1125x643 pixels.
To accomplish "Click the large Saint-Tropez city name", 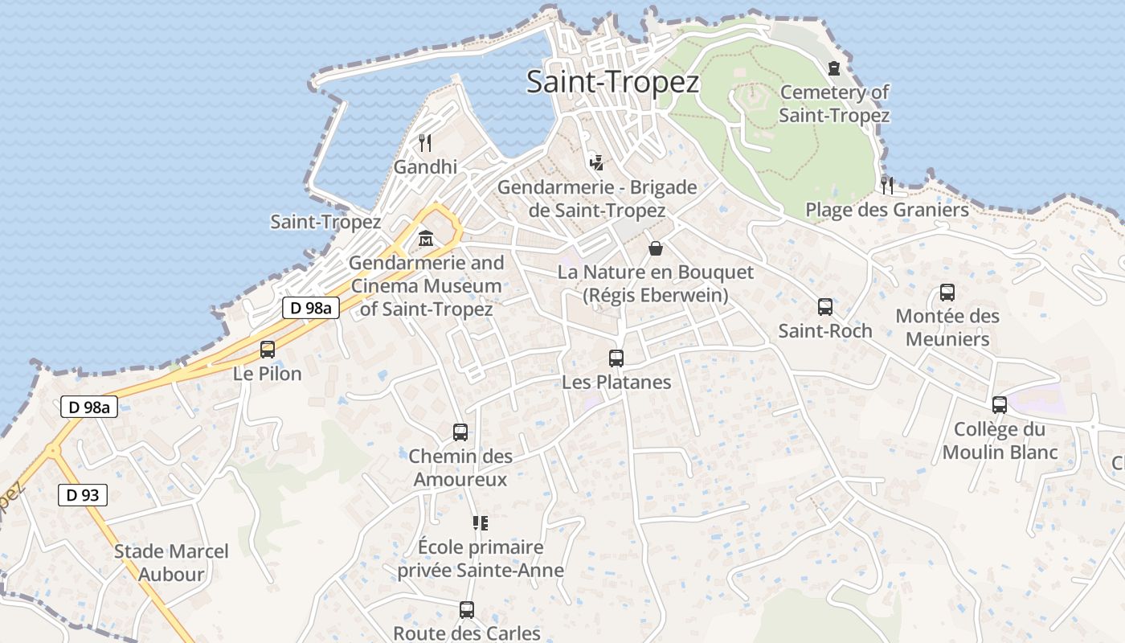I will point(612,82).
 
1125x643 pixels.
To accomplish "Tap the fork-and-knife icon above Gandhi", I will point(425,143).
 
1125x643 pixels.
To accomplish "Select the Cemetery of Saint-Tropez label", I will point(834,104).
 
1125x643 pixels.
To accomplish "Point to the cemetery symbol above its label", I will point(834,68).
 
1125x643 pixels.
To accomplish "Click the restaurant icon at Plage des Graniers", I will point(887,185).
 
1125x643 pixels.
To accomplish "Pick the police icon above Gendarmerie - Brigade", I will point(595,162).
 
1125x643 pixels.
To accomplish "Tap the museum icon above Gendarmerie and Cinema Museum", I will point(426,239).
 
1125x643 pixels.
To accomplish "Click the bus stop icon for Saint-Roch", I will point(825,306).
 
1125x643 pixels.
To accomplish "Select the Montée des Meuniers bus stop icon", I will point(947,293).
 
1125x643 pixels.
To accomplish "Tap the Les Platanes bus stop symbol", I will point(616,358).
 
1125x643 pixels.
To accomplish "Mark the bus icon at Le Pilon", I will point(268,350).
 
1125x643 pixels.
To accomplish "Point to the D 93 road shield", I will point(83,495).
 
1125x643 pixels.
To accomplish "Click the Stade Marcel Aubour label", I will point(171,563).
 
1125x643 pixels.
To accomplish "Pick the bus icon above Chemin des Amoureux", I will point(460,432).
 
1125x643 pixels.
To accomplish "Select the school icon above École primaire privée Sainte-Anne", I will point(481,523).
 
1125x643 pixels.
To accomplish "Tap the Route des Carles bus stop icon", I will point(467,609).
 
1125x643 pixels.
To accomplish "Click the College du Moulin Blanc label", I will point(1000,440).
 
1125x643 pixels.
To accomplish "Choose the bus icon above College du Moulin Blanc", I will point(1000,405).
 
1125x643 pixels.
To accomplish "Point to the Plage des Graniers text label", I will point(887,210).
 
